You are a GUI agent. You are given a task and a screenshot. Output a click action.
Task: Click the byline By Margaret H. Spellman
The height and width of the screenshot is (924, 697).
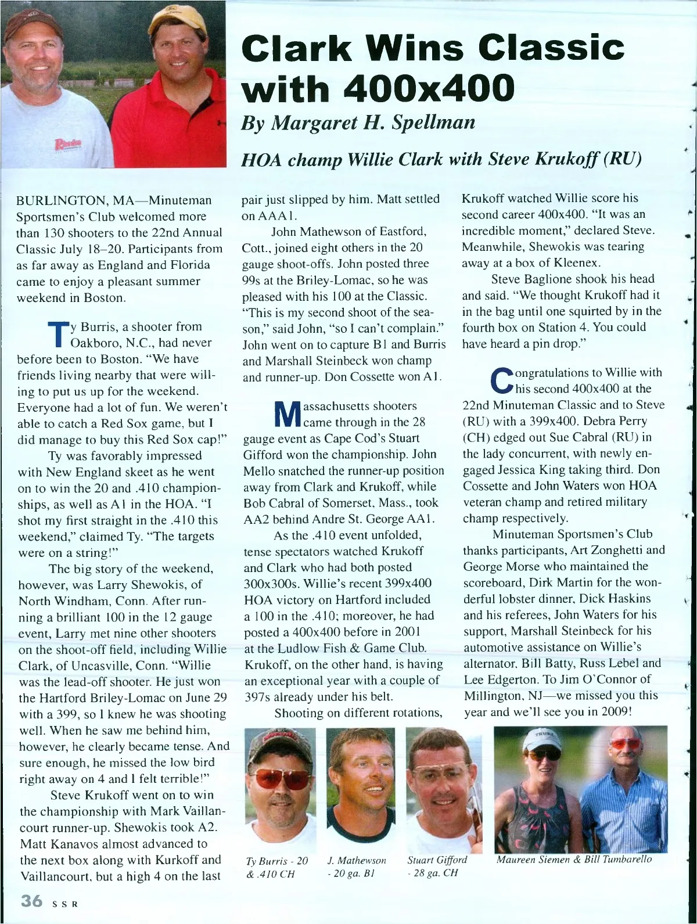pyautogui.click(x=358, y=122)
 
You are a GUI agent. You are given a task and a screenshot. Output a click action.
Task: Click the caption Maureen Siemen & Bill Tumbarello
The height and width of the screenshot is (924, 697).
pyautogui.click(x=574, y=859)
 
